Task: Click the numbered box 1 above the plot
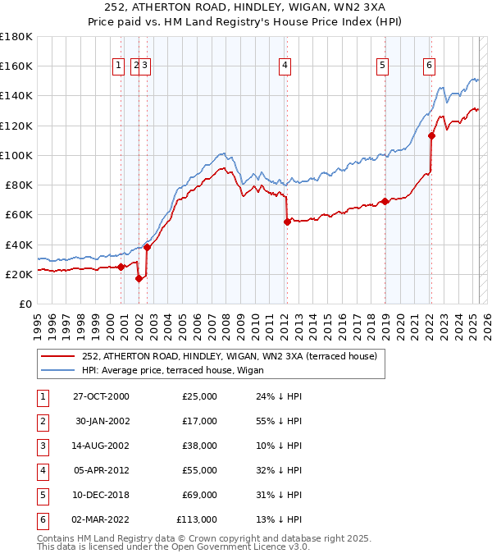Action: (119, 66)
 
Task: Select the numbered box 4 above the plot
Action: (285, 66)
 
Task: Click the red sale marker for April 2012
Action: (287, 222)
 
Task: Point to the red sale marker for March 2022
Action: (431, 135)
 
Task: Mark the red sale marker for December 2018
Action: (385, 201)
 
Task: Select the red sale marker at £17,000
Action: (139, 278)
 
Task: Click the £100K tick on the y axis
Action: (16, 155)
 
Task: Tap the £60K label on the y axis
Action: (19, 215)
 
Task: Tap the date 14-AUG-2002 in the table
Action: (101, 447)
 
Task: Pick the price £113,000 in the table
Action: (197, 519)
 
